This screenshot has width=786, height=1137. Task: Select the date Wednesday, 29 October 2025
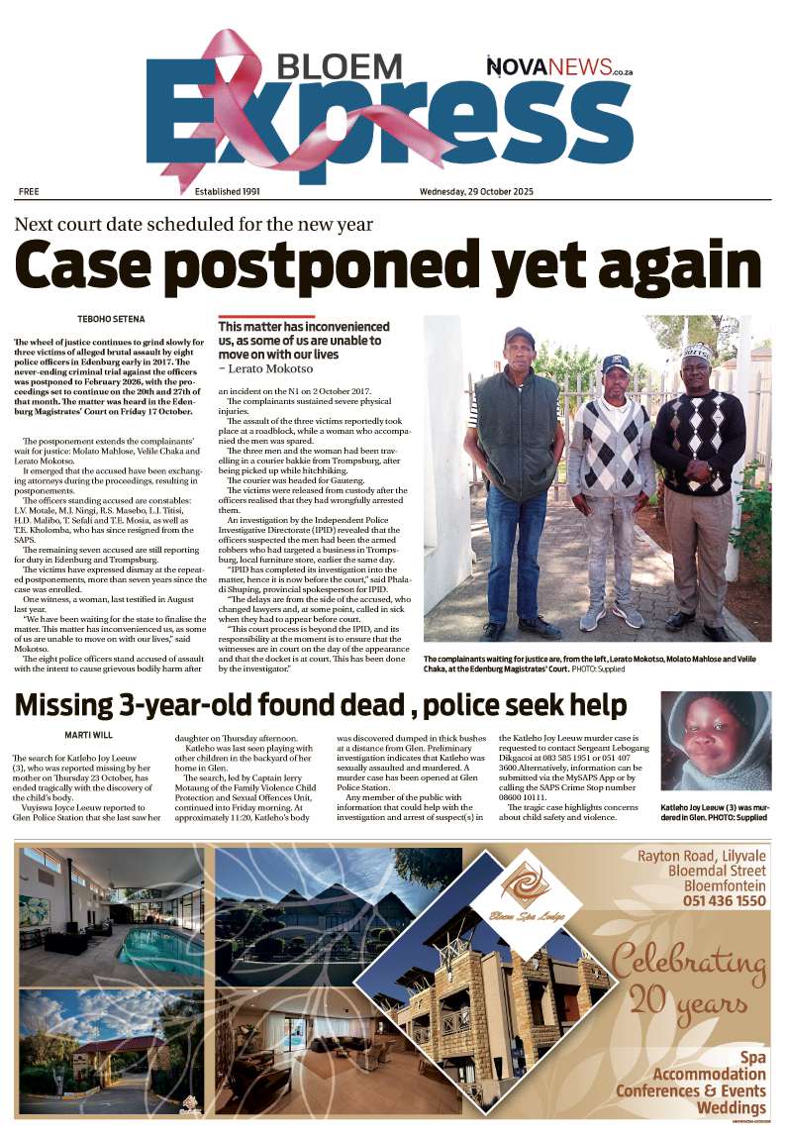(476, 191)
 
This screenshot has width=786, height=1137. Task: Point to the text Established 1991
(227, 191)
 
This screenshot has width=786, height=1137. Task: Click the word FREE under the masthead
(29, 191)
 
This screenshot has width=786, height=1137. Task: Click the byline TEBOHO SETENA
(110, 319)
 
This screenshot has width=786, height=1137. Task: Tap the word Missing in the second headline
(75, 705)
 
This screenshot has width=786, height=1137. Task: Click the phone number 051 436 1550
(724, 900)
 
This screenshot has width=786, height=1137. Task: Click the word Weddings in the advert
(731, 1107)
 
